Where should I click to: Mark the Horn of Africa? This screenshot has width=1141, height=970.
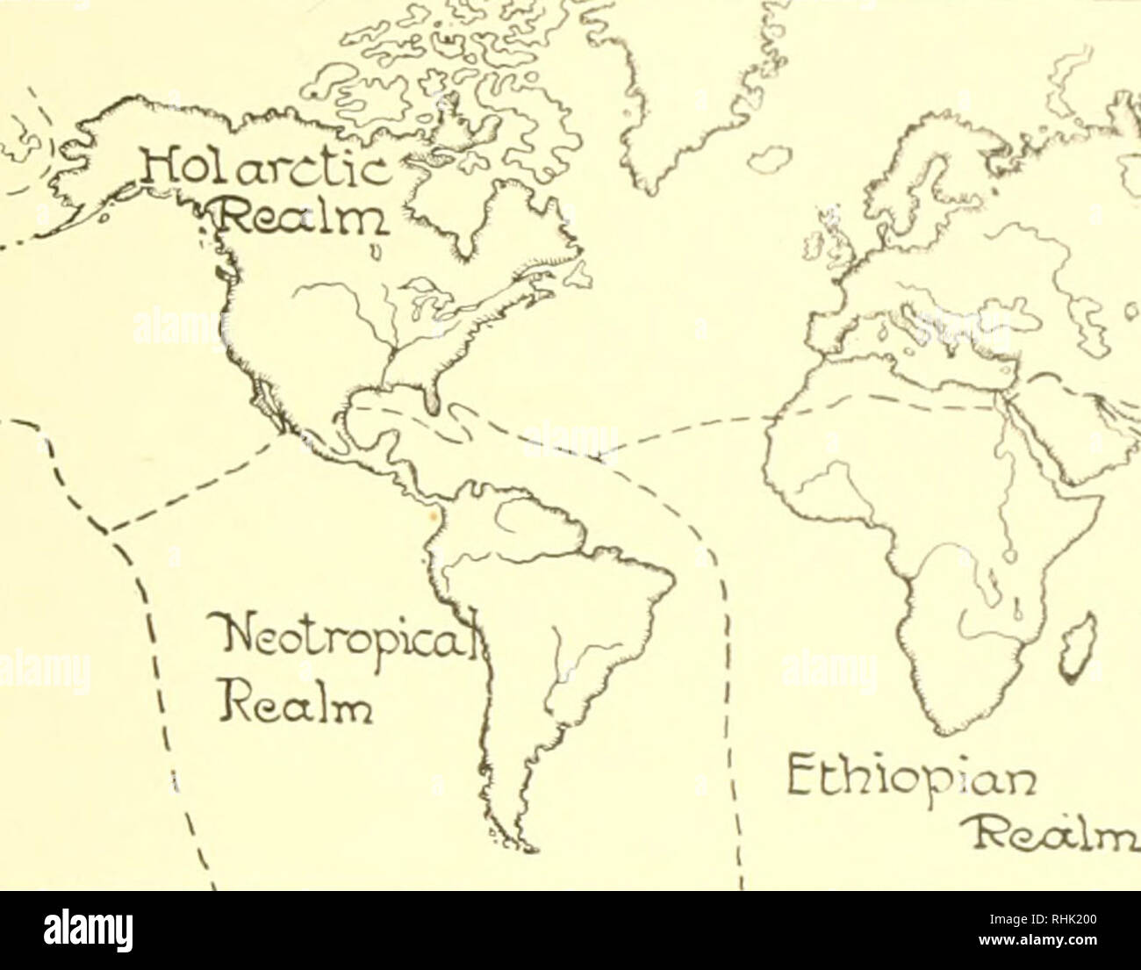(x=1093, y=500)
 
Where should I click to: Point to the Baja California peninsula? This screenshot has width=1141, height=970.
(x=263, y=399)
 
